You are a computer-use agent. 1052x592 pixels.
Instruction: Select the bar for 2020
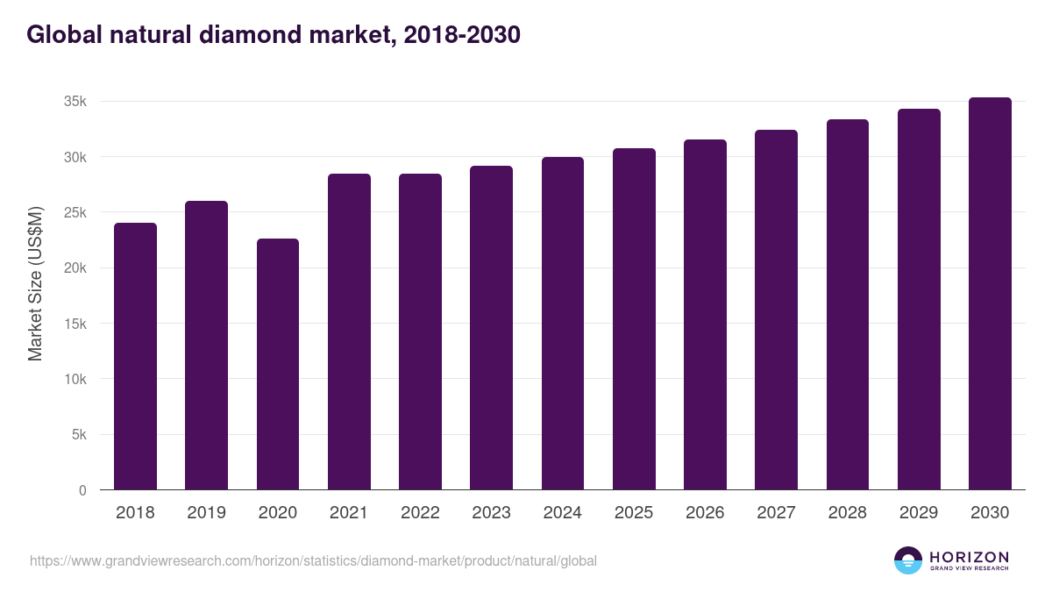coord(278,364)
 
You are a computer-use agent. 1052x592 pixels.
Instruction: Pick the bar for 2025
coord(634,319)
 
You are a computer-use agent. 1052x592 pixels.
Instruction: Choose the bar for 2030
coord(990,294)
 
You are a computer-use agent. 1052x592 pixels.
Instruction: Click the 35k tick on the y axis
coord(75,102)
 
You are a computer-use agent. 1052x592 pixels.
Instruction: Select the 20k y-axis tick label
coord(75,268)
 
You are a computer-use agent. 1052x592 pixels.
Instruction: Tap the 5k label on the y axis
coord(79,435)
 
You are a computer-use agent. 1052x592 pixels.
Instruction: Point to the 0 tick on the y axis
coord(82,490)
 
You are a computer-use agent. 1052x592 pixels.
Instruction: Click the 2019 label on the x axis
coord(206,513)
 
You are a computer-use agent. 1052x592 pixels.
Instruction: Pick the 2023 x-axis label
coord(491,513)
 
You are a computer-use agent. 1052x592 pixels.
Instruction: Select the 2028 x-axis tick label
coord(848,513)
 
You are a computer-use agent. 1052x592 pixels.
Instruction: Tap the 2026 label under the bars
coord(705,513)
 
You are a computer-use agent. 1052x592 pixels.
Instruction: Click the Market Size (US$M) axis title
coord(35,283)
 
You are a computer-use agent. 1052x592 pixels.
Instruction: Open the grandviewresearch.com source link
coord(313,560)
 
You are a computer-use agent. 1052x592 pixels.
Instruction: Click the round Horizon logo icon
coord(907,560)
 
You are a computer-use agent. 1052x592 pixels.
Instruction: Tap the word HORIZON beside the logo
coord(969,556)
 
